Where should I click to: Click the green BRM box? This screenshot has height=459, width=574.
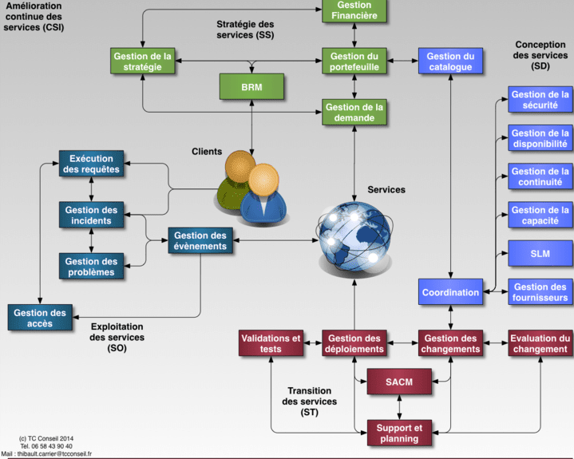coord(251,85)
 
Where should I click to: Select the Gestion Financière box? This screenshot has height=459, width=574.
coord(354,10)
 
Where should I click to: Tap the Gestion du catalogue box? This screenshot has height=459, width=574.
coord(449,61)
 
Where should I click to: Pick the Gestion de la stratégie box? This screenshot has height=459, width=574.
coord(144,61)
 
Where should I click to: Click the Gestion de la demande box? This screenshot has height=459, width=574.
coord(354,112)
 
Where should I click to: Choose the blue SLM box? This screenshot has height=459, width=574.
coord(540,254)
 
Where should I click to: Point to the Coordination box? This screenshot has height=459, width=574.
coord(451,292)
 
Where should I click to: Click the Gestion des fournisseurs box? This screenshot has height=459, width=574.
coord(540,292)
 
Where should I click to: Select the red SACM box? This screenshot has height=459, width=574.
coord(399,382)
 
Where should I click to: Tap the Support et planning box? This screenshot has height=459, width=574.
coord(399,433)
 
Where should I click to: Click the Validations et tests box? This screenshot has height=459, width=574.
coord(271,343)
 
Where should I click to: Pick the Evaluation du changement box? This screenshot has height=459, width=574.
coord(540,343)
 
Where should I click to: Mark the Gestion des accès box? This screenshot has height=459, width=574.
coord(40,318)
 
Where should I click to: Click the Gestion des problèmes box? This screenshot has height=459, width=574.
coord(91,267)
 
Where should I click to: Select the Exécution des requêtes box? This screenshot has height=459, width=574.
coord(91,164)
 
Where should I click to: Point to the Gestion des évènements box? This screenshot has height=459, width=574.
coord(200,240)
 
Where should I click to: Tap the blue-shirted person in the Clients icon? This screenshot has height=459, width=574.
coord(264,196)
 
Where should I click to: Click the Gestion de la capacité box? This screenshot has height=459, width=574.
coord(540,215)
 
